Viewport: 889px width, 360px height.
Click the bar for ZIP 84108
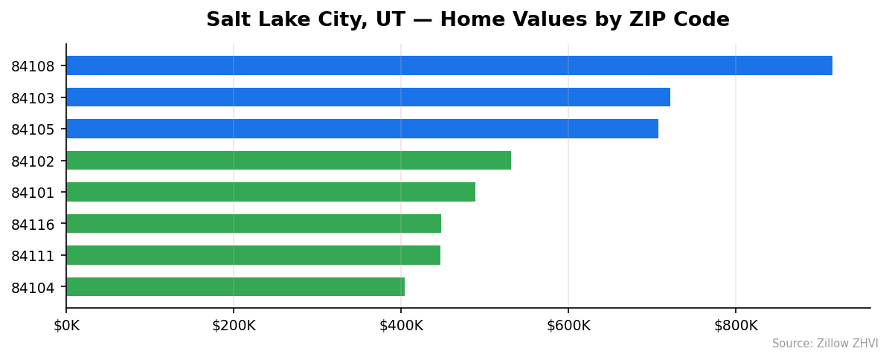[x=449, y=65]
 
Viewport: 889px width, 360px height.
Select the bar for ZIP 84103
[x=368, y=97]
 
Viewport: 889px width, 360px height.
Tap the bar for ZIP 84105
[x=362, y=129]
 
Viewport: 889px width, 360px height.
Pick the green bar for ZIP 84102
[x=288, y=161]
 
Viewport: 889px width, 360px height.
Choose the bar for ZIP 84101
[x=270, y=192]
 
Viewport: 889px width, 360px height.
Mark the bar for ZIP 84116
[x=253, y=224]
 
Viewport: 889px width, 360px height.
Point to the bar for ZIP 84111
[x=253, y=255]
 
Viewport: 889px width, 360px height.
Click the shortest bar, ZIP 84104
[x=235, y=287]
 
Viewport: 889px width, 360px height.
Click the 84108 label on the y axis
[x=33, y=66]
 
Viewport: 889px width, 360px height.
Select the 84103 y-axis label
[x=33, y=98]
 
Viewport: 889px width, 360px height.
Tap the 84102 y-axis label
[x=33, y=161]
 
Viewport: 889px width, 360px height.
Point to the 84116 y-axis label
[x=33, y=225]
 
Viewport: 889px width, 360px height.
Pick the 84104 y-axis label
[x=33, y=288]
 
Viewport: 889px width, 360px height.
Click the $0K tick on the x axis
[x=66, y=325]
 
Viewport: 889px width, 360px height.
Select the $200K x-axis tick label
[x=234, y=325]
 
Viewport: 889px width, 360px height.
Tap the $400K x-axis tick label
[x=401, y=325]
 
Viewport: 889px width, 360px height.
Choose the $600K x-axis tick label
[x=568, y=325]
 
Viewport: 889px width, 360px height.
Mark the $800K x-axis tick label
[x=736, y=325]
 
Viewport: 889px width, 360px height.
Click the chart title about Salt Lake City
[x=467, y=20]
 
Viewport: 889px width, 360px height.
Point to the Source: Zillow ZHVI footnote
[x=824, y=344]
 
